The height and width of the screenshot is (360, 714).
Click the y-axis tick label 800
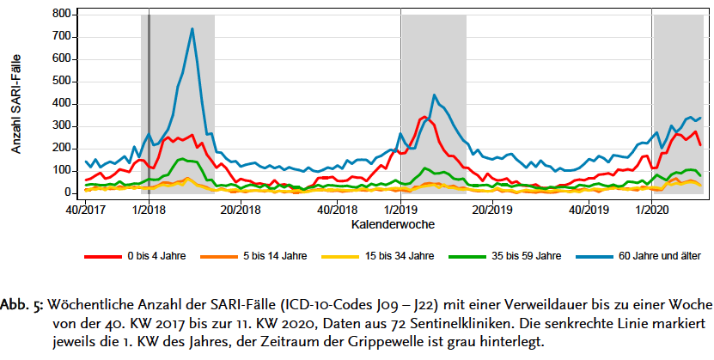tap(60, 15)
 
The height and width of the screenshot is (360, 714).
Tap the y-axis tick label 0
tap(66, 193)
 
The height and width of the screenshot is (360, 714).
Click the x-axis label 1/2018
tap(150, 209)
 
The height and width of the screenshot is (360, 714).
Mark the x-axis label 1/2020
tap(652, 209)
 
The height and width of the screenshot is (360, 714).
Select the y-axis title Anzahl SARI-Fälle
tap(16, 103)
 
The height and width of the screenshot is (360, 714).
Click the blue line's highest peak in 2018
tap(192, 29)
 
